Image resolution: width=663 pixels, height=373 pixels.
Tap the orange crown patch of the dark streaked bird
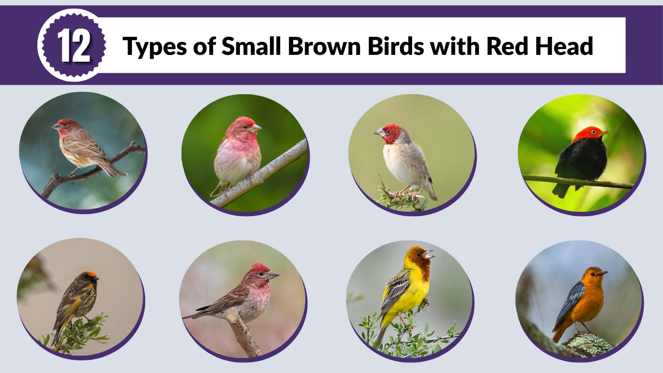pyautogui.click(x=91, y=274)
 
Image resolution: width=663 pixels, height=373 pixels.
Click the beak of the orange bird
pyautogui.click(x=604, y=273)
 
